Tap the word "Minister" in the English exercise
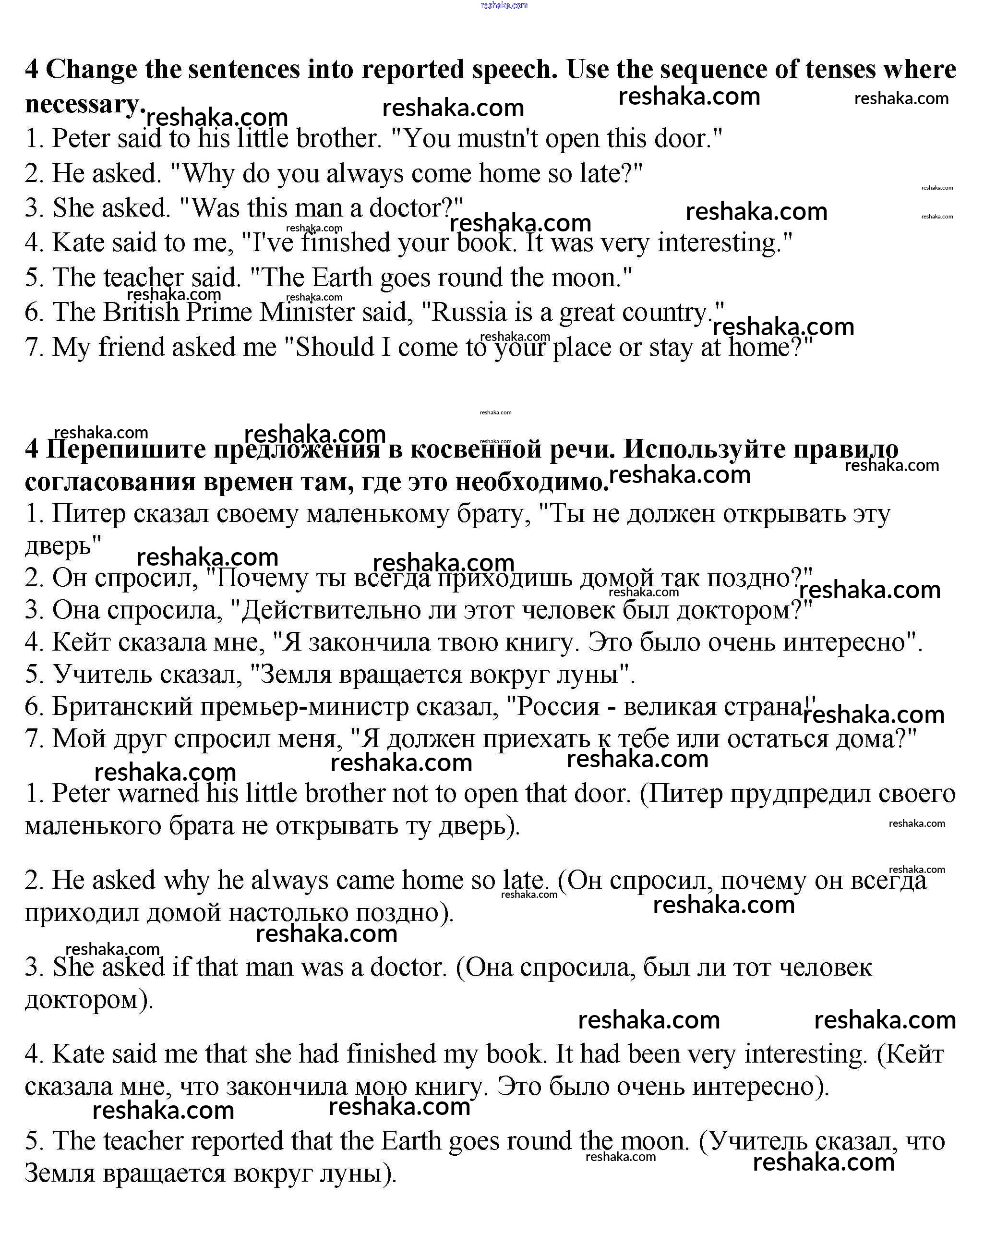point(307,312)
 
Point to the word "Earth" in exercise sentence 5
point(342,278)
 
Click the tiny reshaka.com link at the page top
point(504,5)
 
